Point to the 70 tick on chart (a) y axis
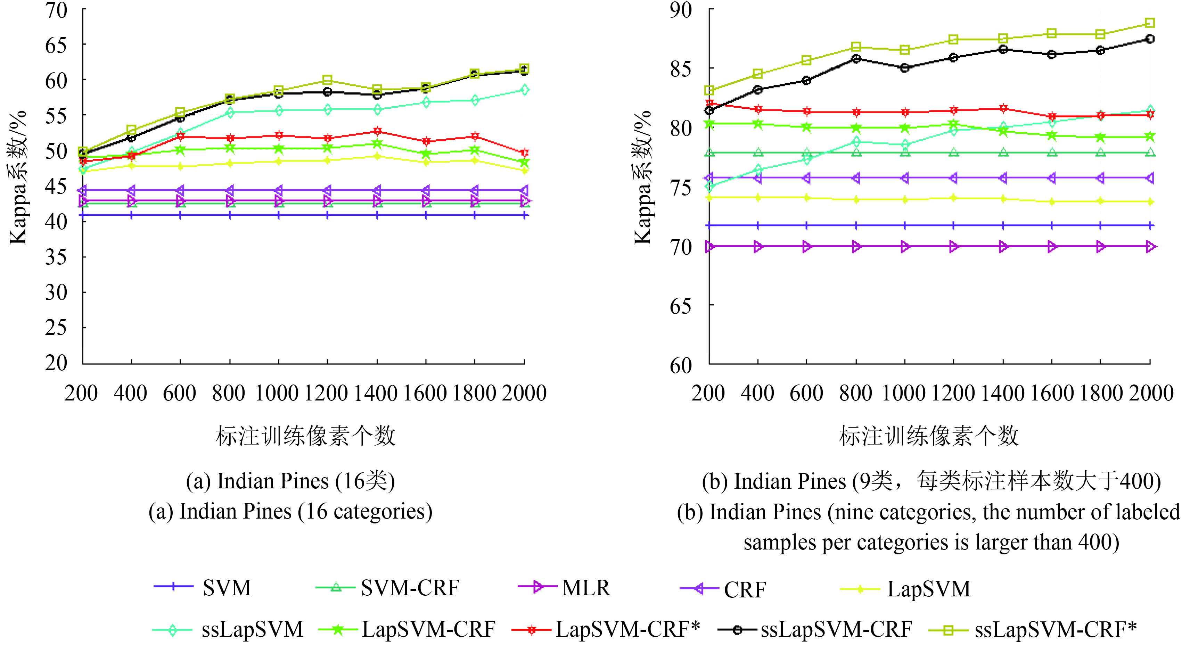[x=56, y=10]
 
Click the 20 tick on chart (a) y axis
[x=56, y=363]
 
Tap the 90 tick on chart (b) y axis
[x=681, y=10]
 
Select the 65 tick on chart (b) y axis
[x=681, y=306]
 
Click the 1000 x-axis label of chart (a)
[x=277, y=394]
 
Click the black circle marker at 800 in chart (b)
[x=856, y=59]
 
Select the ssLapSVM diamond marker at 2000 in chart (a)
[x=524, y=90]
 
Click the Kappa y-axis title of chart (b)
[x=642, y=178]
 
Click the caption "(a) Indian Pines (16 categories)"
[x=290, y=512]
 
